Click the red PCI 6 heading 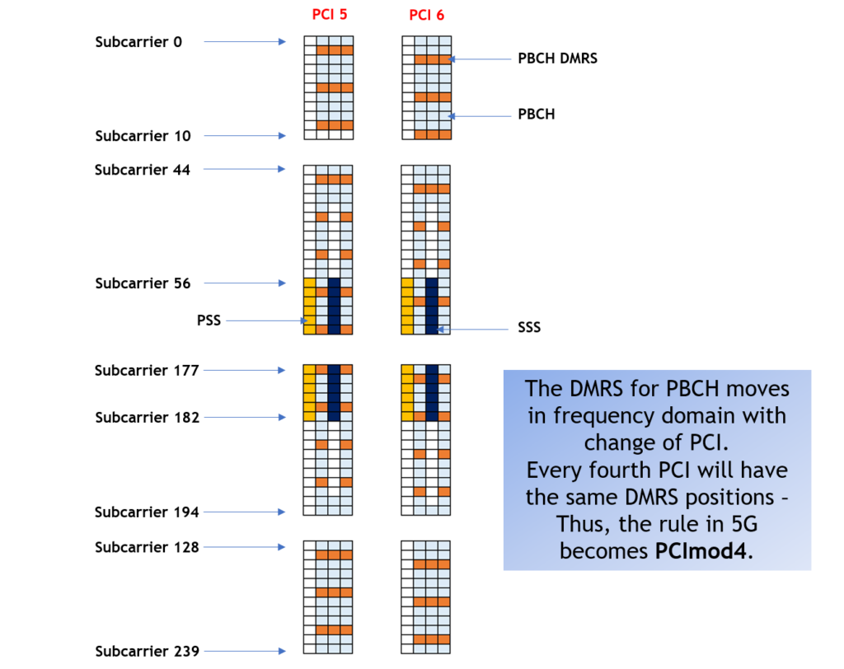point(427,16)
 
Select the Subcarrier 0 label point(138,42)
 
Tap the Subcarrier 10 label point(143,136)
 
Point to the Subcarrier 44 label point(143,170)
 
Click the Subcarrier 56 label point(143,283)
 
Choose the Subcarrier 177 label point(147,371)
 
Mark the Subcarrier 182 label point(147,418)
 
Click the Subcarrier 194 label point(147,512)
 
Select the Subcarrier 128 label point(147,547)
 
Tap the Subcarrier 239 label point(147,652)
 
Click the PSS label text point(209,320)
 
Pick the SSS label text point(529,328)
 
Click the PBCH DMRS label point(557,58)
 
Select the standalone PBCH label point(537,115)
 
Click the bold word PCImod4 point(703,550)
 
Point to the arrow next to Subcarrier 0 point(244,41)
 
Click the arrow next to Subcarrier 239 point(244,652)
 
